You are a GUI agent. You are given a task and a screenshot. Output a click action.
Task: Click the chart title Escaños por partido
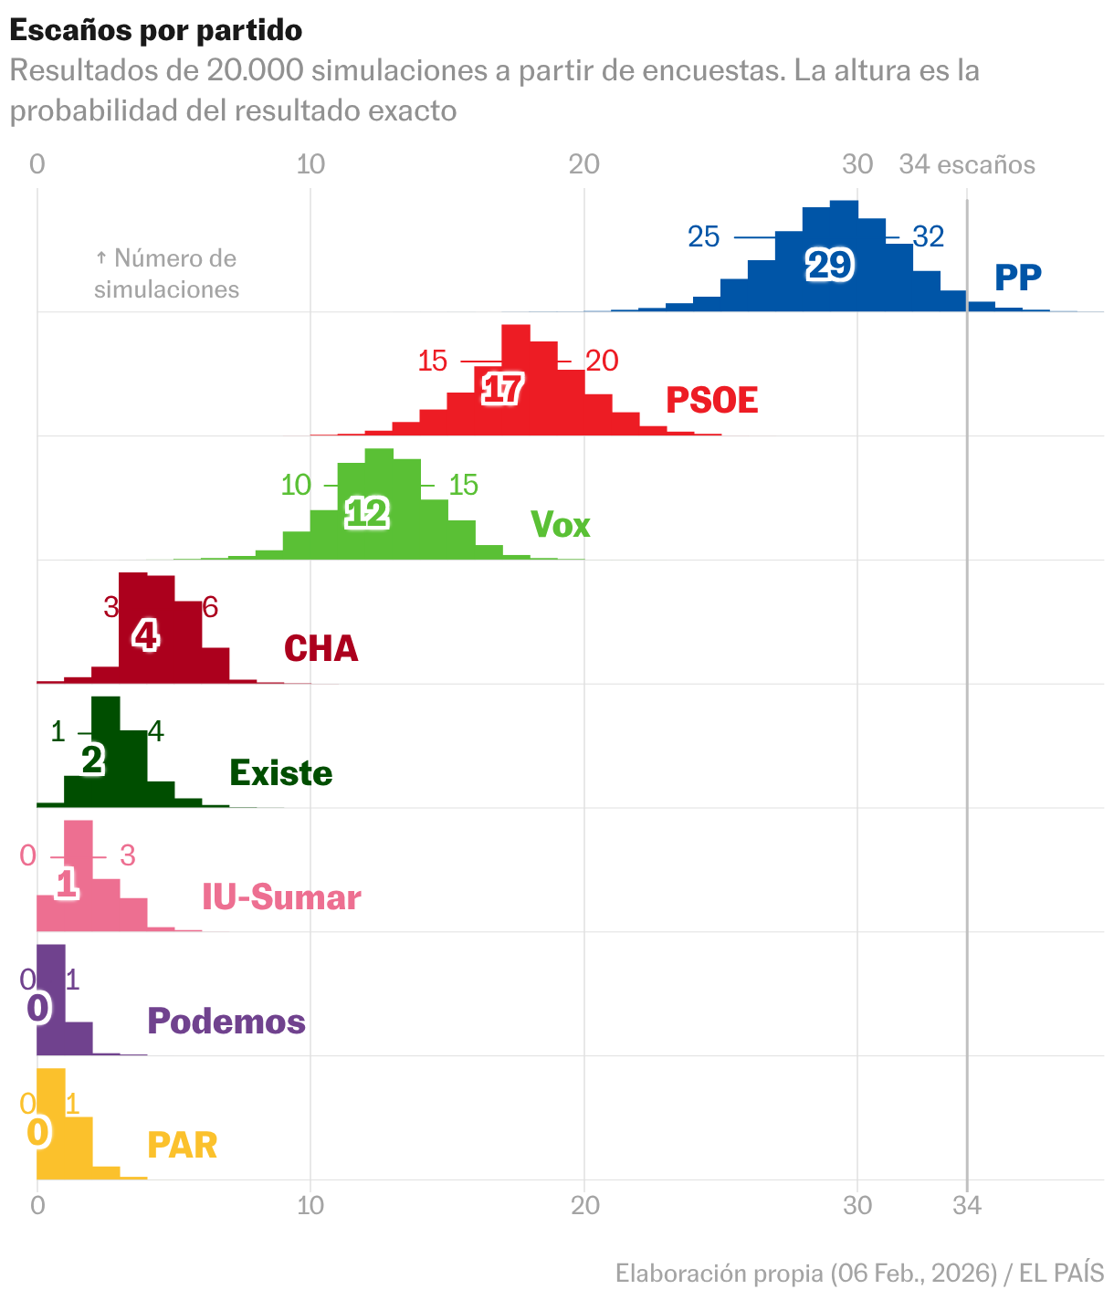pos(155,30)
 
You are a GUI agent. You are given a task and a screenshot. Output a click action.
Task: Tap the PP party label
pos(1017,278)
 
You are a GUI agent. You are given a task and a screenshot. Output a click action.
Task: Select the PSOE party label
pos(711,401)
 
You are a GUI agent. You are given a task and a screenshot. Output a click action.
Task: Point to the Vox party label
pos(560,525)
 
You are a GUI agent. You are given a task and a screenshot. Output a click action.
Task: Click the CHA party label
pos(321,649)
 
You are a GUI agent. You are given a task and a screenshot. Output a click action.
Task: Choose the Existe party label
pos(280,773)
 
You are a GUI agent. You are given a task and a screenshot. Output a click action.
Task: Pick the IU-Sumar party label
pos(281,897)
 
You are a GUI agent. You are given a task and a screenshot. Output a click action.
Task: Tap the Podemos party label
pos(226,1022)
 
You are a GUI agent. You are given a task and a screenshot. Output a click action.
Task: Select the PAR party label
pos(182,1146)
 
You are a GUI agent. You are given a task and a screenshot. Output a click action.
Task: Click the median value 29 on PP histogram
pos(829,266)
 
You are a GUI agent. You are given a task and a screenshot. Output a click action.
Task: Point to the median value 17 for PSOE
pos(501,390)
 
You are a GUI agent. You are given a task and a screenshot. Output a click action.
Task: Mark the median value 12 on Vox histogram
pos(367,514)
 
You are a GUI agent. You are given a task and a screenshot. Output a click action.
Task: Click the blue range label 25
pos(704,237)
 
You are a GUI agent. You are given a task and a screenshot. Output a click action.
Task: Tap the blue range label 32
pos(928,237)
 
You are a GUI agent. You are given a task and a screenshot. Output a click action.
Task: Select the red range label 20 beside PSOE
pos(602,362)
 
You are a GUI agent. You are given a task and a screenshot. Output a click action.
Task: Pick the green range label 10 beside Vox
pos(296,485)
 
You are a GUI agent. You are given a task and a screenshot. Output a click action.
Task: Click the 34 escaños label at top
pos(967,164)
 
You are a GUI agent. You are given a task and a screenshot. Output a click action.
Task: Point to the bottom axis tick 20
pos(584,1206)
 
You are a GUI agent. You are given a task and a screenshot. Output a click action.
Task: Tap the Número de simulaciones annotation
pos(166,274)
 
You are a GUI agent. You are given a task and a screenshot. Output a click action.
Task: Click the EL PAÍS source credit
pos(1061,1274)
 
